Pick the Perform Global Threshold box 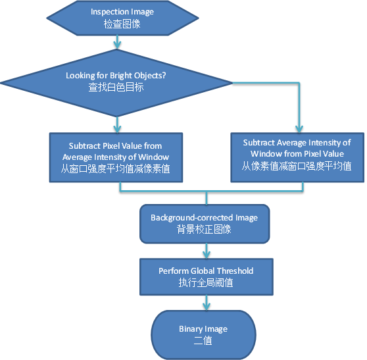coord(206,276)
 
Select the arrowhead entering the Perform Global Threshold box coord(207,253)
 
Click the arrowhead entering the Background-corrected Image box coord(207,201)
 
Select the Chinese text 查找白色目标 coord(116,87)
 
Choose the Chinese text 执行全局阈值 coord(206,282)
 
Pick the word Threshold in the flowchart coord(233,270)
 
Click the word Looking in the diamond coord(80,75)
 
